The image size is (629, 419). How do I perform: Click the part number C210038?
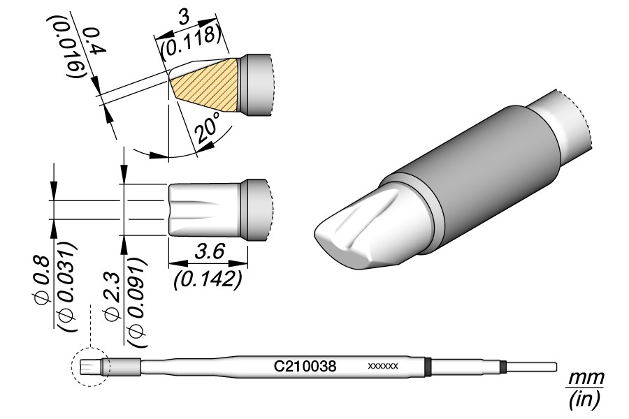[305, 365]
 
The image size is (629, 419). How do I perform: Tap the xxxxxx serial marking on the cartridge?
[383, 366]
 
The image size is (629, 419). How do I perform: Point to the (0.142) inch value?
[207, 281]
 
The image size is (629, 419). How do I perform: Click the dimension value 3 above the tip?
[185, 20]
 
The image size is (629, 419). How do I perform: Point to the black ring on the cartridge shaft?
[428, 367]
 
